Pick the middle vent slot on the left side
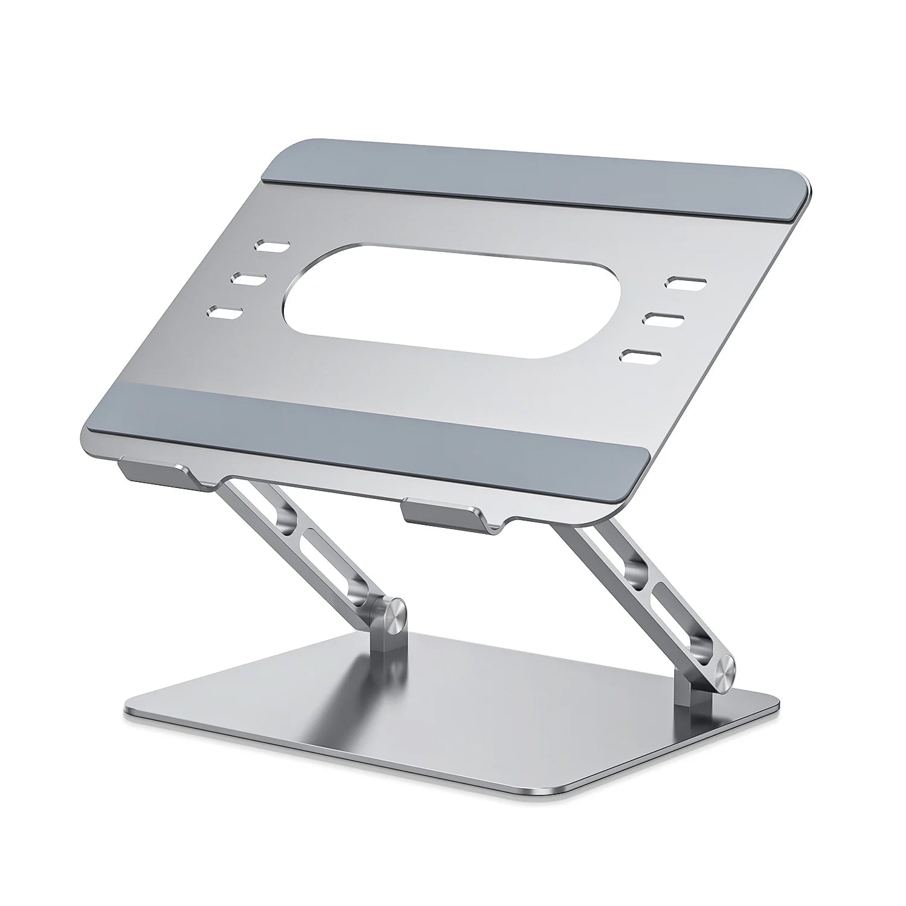tap(248, 279)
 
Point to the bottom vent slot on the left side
tap(225, 313)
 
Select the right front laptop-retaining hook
tap(444, 511)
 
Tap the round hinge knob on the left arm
tap(391, 617)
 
